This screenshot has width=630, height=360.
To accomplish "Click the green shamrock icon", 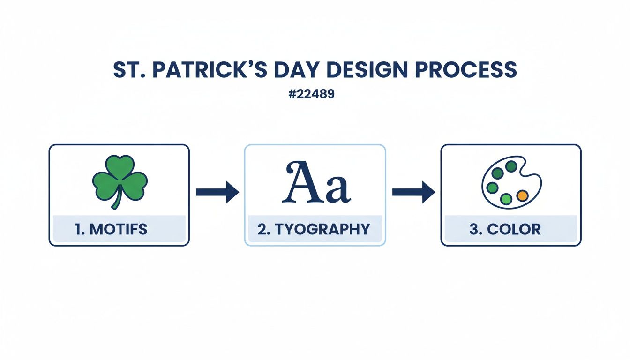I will [120, 181].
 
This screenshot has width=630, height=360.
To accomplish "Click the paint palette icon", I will [511, 183].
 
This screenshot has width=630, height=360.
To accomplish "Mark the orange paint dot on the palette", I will [522, 195].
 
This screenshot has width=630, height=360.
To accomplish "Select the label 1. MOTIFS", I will [111, 229].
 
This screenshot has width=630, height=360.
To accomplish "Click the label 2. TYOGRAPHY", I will [314, 229].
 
